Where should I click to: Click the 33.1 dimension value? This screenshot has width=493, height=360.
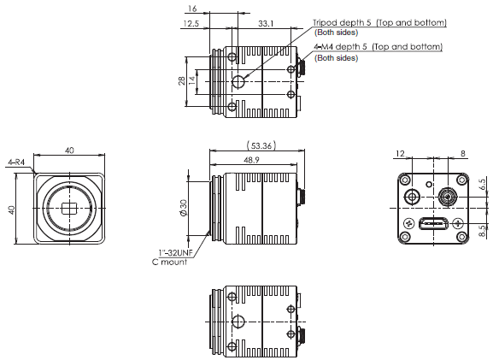coord(266,23)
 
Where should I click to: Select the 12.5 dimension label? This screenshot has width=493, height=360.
coord(191,23)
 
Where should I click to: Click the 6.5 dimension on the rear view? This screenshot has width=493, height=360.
coord(483,184)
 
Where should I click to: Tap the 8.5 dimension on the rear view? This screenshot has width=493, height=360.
coord(483,228)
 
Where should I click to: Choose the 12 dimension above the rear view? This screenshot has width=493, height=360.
coord(400,154)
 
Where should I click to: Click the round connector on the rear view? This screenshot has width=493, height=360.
coord(446,197)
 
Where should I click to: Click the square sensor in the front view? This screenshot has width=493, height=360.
coord(69,209)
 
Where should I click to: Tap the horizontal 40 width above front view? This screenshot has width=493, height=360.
coord(69,150)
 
